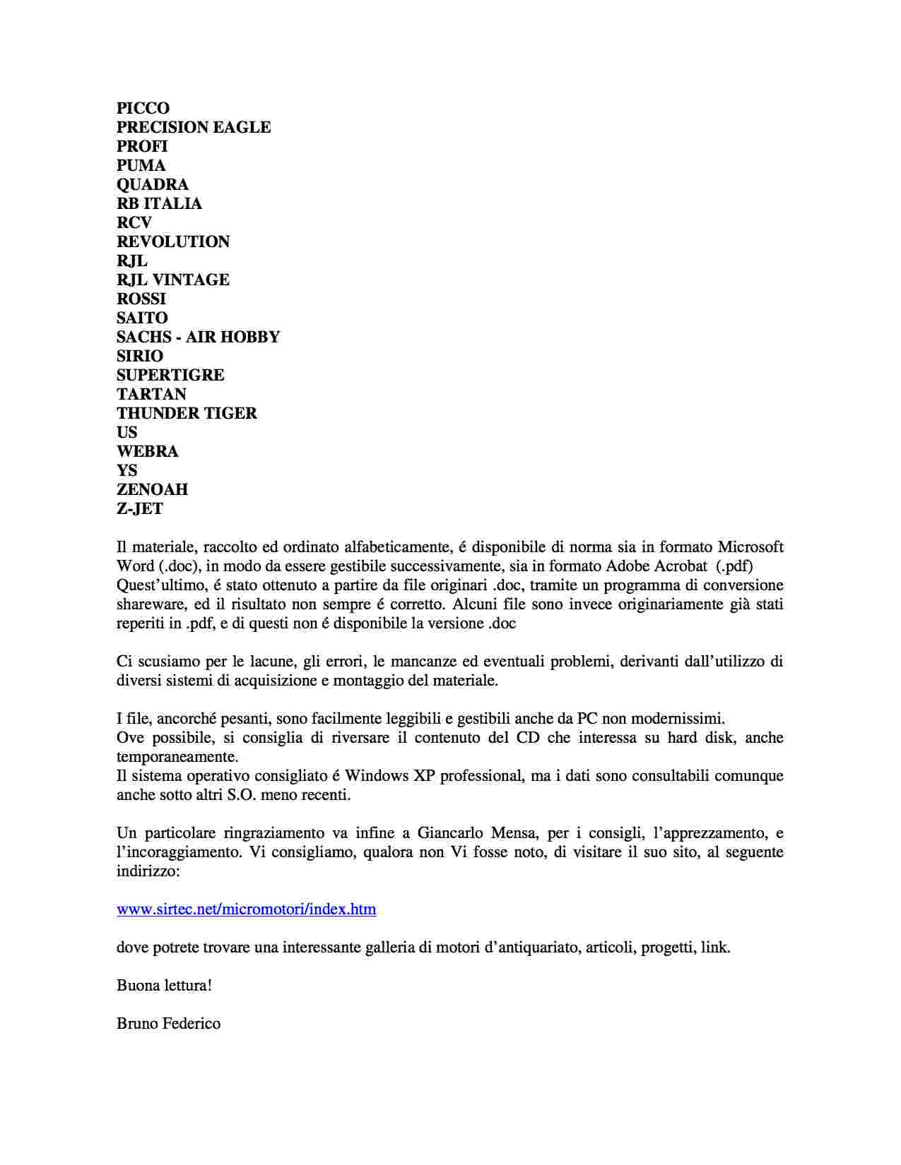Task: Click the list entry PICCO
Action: coord(143,108)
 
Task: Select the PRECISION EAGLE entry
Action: coord(194,127)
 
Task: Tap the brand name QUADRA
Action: coord(153,184)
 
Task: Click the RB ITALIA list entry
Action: coord(159,203)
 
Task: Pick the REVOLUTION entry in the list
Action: coord(173,241)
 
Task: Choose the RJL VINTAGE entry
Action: coord(173,280)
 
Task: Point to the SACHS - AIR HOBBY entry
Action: coord(198,337)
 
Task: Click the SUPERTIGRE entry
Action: coord(170,375)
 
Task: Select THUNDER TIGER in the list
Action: coord(187,413)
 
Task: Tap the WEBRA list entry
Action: coord(147,451)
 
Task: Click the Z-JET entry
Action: coord(140,508)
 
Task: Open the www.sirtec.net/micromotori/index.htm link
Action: coord(246,909)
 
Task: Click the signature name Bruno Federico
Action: coord(168,1023)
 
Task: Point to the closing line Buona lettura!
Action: coord(164,985)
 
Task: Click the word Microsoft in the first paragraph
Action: coord(750,546)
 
